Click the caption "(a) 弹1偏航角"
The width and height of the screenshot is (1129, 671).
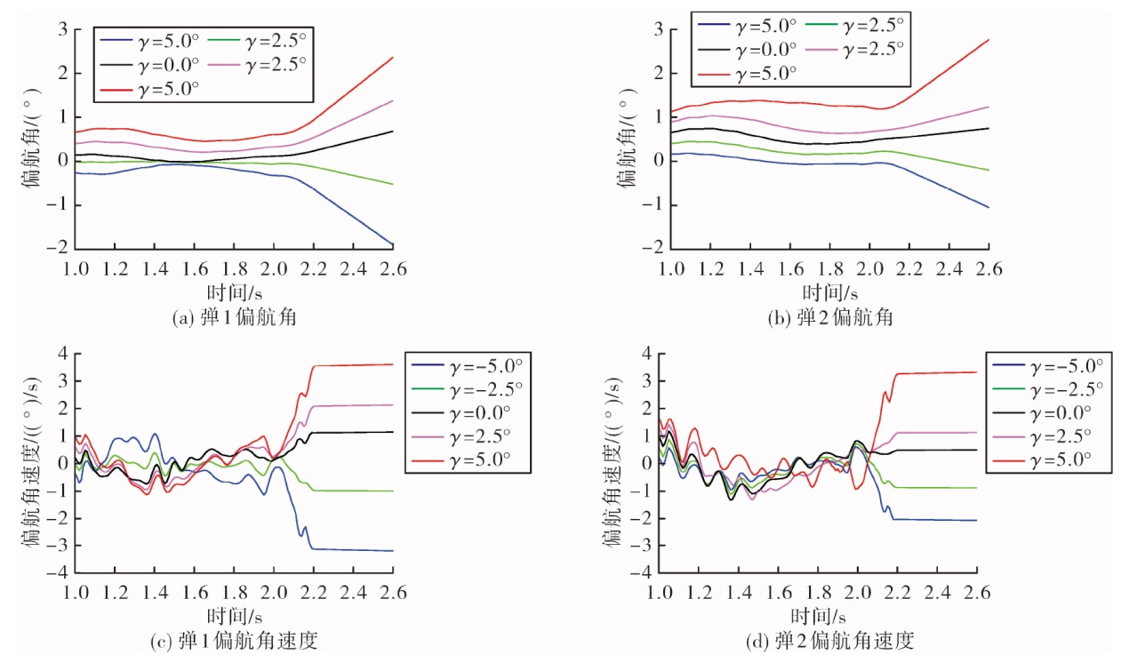[x=234, y=317]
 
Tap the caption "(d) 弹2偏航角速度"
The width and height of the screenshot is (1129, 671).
[x=829, y=641]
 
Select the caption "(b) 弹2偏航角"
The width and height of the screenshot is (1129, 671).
[x=830, y=317]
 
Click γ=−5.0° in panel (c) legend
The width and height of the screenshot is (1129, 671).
[x=467, y=365]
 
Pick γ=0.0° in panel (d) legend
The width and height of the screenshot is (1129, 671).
[x=1042, y=413]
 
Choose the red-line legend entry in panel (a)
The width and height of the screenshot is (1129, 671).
[x=149, y=89]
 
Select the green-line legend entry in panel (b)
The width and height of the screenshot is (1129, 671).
[x=855, y=25]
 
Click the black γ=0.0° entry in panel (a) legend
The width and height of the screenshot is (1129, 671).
[x=149, y=65]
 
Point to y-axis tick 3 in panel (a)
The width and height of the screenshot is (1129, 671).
[x=62, y=29]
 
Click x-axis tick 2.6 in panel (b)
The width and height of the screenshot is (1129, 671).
[x=989, y=269]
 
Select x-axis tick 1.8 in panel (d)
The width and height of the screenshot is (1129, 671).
[x=818, y=593]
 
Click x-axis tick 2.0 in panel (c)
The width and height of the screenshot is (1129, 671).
[x=274, y=593]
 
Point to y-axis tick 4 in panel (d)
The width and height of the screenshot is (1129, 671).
[x=646, y=354]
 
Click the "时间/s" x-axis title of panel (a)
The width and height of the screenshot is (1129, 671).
[x=235, y=293]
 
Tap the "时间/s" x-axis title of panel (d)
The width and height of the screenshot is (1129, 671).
[x=818, y=617]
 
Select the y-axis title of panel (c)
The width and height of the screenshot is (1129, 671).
[x=30, y=462]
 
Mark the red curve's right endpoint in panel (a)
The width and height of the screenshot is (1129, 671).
[x=393, y=58]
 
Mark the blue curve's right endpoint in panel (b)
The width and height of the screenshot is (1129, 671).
[x=989, y=208]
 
